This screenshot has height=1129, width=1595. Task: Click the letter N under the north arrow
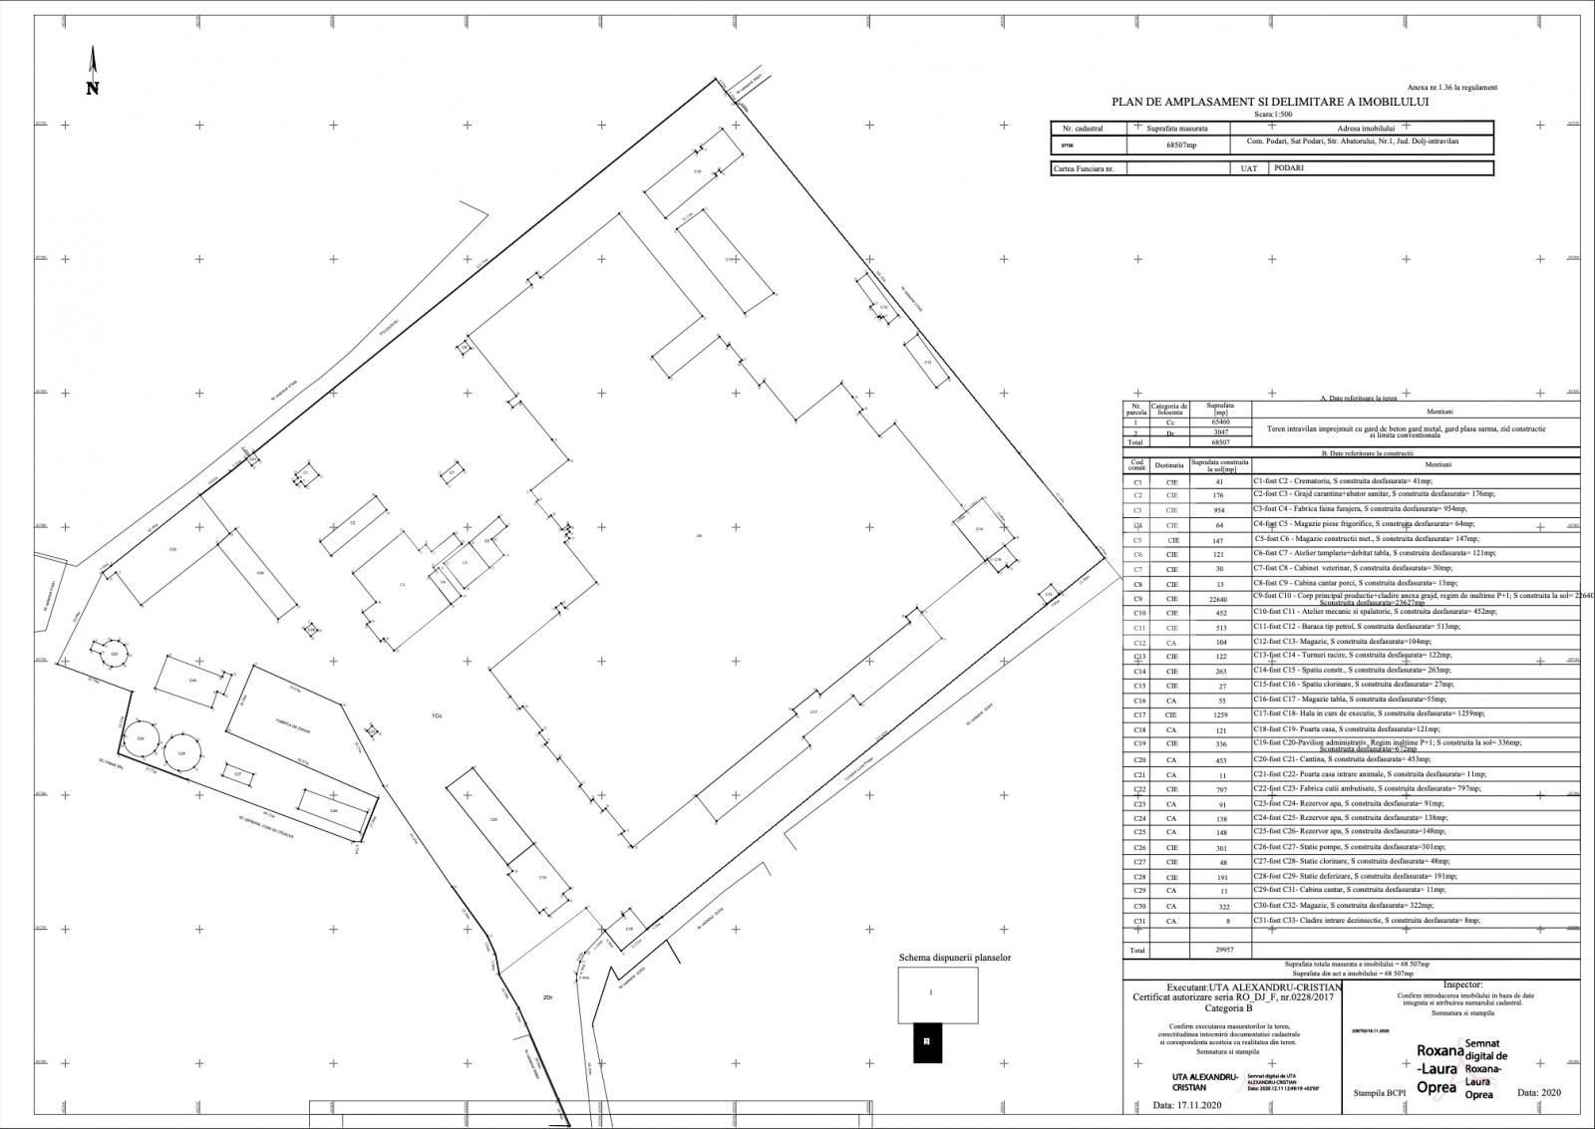tap(93, 89)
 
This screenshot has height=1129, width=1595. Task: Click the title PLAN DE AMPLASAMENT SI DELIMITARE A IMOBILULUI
tap(1271, 102)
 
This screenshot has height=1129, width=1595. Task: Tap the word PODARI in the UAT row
tap(1288, 168)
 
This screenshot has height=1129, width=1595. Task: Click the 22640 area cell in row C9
tap(1218, 599)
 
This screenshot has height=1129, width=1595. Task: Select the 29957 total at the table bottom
tap(1218, 951)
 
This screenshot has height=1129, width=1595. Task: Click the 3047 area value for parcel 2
tap(1220, 432)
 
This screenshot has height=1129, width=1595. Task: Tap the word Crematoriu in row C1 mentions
tap(1320, 480)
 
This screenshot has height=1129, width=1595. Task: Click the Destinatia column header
tap(1170, 465)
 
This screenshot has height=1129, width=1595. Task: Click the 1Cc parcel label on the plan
tap(436, 716)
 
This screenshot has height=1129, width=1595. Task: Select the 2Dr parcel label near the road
tap(546, 997)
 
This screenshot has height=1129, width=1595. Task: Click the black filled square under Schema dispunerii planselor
tap(927, 1042)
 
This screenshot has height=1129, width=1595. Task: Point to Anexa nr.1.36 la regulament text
tap(1451, 88)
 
